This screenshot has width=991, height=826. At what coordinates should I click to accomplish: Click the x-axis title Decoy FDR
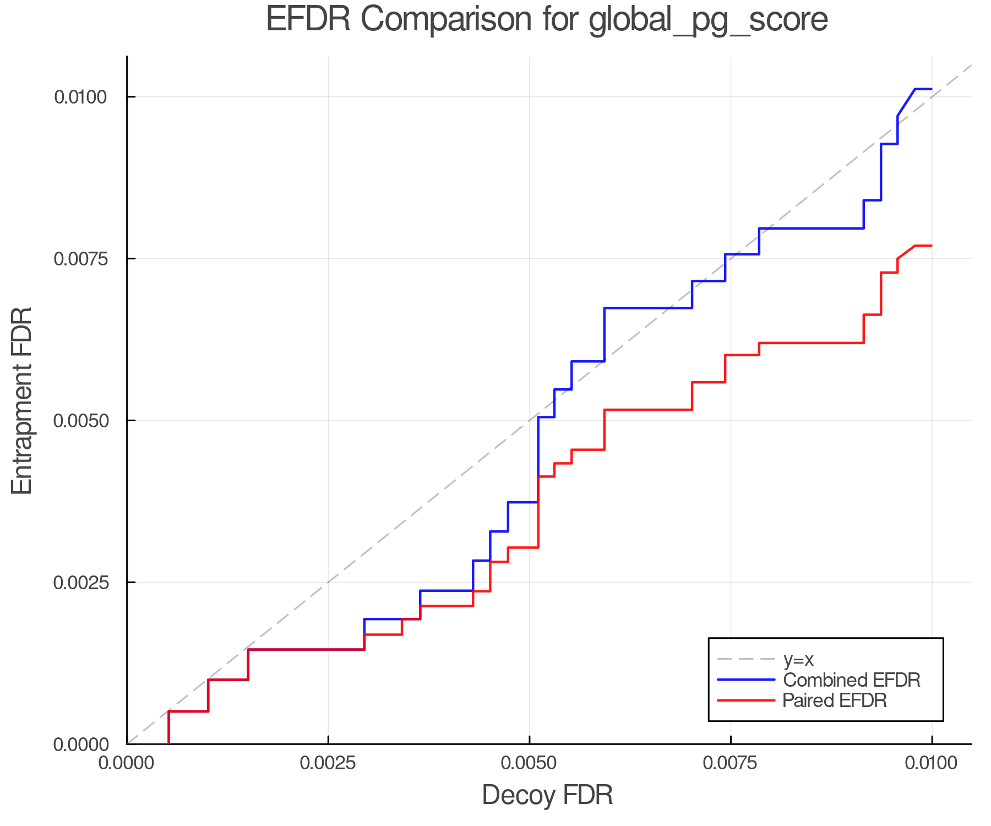pyautogui.click(x=547, y=795)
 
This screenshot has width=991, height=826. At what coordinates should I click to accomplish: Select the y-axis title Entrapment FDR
pyautogui.click(x=22, y=400)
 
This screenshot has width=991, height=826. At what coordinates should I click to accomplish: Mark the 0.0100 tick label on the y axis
pyautogui.click(x=80, y=97)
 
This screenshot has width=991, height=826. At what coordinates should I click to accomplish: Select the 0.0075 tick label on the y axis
pyautogui.click(x=80, y=259)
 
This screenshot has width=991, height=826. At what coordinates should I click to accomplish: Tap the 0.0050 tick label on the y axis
pyautogui.click(x=80, y=421)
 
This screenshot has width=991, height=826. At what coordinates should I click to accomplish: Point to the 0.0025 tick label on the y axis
pyautogui.click(x=80, y=582)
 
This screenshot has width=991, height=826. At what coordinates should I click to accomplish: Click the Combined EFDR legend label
pyautogui.click(x=851, y=680)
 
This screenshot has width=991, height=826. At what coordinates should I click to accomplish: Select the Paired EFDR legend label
pyautogui.click(x=835, y=700)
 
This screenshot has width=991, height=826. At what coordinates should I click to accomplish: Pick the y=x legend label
pyautogui.click(x=798, y=659)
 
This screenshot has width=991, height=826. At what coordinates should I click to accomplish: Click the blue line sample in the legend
pyautogui.click(x=746, y=680)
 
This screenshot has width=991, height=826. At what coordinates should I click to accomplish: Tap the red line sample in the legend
pyautogui.click(x=746, y=700)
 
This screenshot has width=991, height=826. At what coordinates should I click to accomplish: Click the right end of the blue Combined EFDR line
pyautogui.click(x=931, y=89)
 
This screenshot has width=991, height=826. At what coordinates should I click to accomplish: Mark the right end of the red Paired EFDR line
pyautogui.click(x=931, y=246)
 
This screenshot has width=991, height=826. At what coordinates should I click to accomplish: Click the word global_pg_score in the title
pyautogui.click(x=708, y=20)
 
